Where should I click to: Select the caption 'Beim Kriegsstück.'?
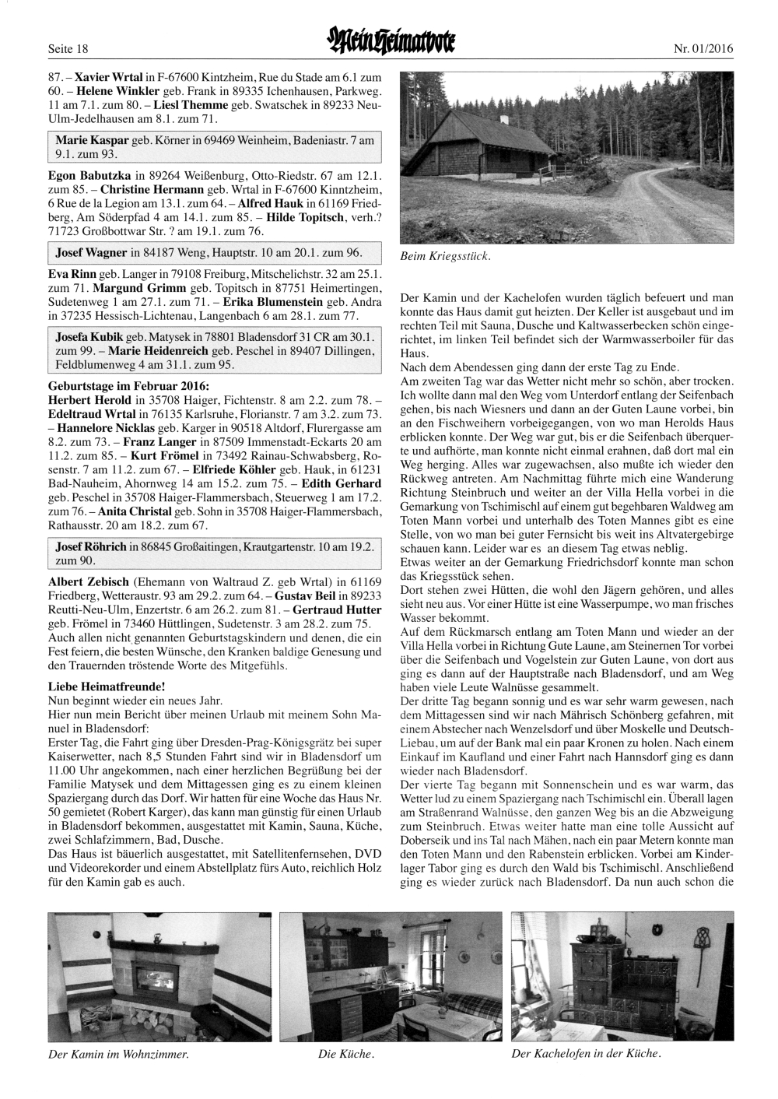[x=454, y=256]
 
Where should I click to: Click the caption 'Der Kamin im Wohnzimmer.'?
[x=118, y=1055]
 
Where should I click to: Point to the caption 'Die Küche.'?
[x=346, y=1055]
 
